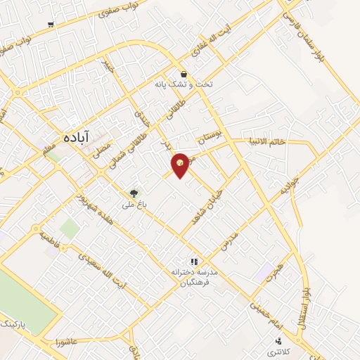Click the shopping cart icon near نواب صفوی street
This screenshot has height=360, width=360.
[x=51, y=25]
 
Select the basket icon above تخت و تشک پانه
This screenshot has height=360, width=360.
[x=184, y=73]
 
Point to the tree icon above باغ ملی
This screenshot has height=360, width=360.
[x=134, y=192]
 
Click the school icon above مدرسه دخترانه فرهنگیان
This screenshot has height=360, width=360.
[x=194, y=262]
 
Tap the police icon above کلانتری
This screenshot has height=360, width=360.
[x=279, y=341]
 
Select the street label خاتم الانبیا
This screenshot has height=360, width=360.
[x=266, y=141]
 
